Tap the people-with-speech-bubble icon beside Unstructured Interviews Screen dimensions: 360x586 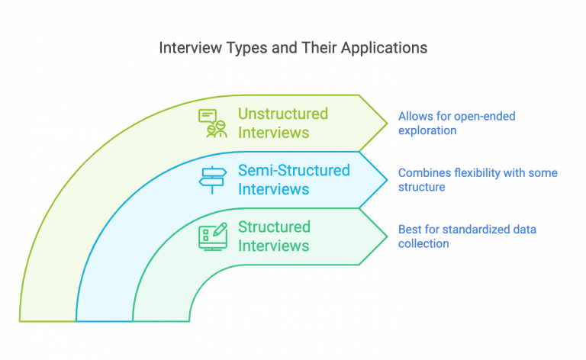click(213, 123)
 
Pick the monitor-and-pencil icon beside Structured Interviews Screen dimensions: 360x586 click(213, 236)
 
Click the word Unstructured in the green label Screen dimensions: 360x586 click(283, 114)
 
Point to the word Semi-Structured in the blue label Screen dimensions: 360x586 click(294, 170)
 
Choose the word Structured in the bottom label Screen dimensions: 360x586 click(274, 227)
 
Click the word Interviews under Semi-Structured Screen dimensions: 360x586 click(273, 189)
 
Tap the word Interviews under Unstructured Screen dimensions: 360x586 click(273, 133)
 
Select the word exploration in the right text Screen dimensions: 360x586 click(427, 130)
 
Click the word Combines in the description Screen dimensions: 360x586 click(422, 173)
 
